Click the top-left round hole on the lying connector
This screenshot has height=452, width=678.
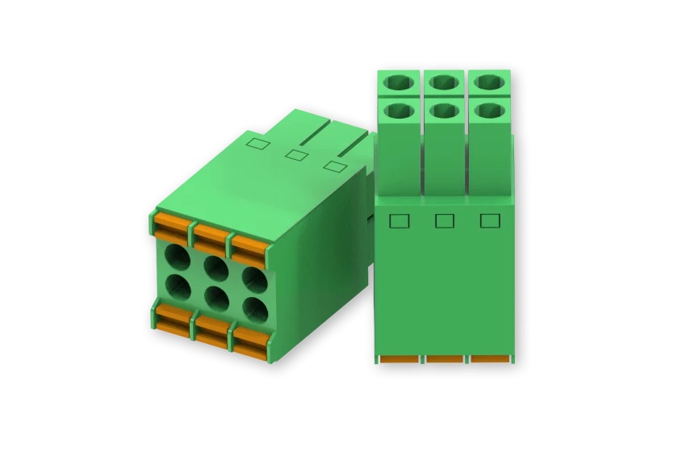[177, 257]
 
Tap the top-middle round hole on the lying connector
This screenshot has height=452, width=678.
[216, 267]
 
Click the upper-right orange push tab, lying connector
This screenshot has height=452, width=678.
[249, 245]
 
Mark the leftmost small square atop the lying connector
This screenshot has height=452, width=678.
[257, 144]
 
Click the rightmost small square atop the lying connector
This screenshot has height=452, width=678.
[332, 165]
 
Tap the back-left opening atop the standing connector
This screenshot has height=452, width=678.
[398, 82]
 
